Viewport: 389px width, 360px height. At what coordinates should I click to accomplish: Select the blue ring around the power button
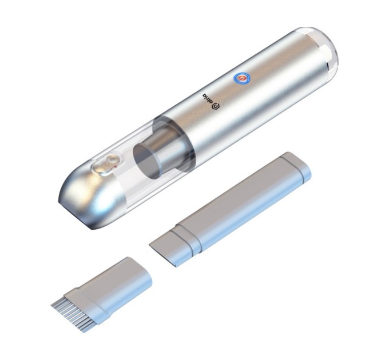click(x=243, y=77)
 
